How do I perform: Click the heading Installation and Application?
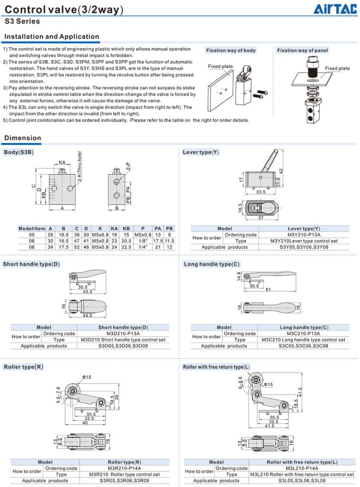pyautogui.click(x=51, y=37)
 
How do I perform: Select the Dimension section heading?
pyautogui.click(x=22, y=138)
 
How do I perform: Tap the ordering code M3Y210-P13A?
pyautogui.click(x=304, y=234)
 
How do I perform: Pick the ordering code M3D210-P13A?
pyautogui.click(x=123, y=333)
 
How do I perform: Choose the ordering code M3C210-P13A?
pyautogui.click(x=303, y=333)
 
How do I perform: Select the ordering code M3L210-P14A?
pyautogui.click(x=302, y=468)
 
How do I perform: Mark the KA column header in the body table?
pyautogui.click(x=114, y=228)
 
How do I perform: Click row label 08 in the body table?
pyautogui.click(x=32, y=247)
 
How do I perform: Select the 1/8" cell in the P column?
pyautogui.click(x=143, y=241)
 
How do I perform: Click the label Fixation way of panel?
pyautogui.click(x=302, y=50)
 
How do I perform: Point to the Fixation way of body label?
pyautogui.click(x=231, y=50)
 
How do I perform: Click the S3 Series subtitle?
pyautogui.click(x=22, y=21)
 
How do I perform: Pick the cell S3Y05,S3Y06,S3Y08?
pyautogui.click(x=303, y=247)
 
